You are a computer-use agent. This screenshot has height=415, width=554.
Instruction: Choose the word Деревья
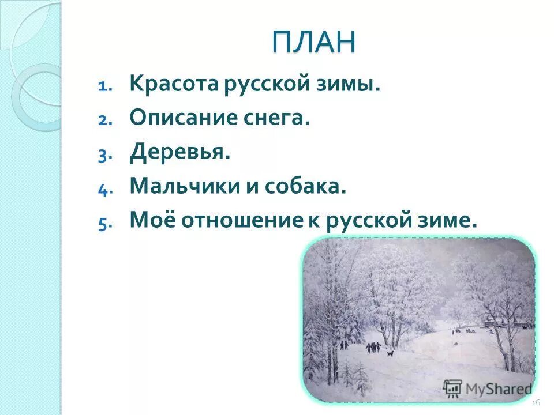(179, 153)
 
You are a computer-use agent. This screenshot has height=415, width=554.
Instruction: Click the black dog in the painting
(390, 353)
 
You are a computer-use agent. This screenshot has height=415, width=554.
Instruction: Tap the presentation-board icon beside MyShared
(452, 387)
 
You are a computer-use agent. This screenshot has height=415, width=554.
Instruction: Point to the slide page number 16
(535, 401)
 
